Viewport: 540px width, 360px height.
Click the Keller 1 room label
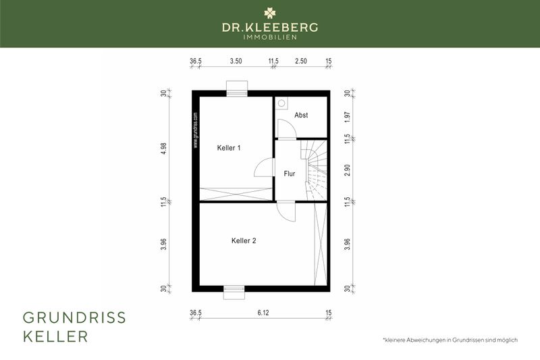(229, 147)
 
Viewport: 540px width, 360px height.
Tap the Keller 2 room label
(244, 240)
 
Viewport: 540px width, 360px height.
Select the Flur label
(290, 174)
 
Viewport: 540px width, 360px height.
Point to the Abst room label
(301, 115)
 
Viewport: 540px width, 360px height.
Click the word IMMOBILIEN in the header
(270, 38)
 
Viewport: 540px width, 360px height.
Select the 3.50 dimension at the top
(236, 61)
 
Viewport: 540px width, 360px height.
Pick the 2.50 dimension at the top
(301, 61)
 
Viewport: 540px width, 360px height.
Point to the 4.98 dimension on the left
(163, 149)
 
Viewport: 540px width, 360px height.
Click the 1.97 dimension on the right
(347, 115)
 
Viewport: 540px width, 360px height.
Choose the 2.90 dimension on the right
(347, 170)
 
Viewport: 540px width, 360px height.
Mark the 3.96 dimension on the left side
(163, 245)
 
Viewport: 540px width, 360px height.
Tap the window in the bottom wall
(234, 291)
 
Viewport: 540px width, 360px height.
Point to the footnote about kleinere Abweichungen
(450, 340)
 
